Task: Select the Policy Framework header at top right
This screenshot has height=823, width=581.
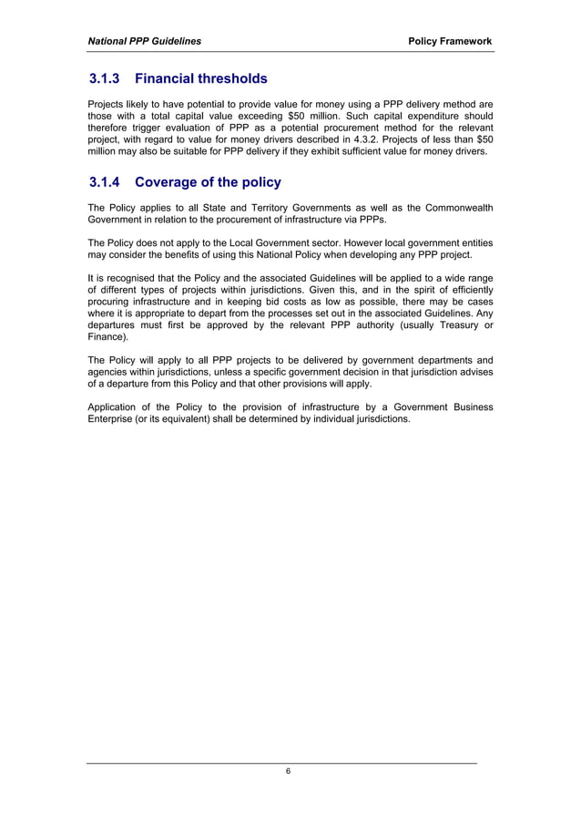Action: tap(450, 41)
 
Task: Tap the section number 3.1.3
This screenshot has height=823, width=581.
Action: tap(107, 79)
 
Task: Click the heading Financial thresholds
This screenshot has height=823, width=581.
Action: tap(201, 79)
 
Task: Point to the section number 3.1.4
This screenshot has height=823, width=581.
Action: tap(107, 182)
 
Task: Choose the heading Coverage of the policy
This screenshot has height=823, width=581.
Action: tap(208, 182)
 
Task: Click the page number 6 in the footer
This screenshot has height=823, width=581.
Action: tap(289, 771)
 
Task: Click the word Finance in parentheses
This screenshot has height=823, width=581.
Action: tap(107, 337)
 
